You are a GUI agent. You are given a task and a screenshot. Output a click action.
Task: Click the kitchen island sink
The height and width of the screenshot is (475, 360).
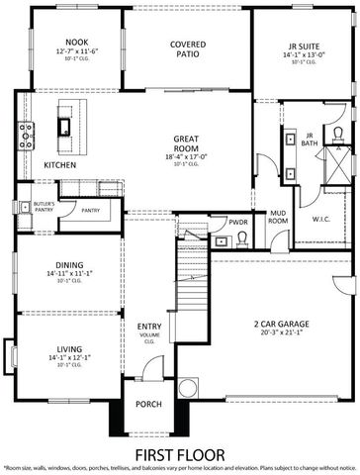64,126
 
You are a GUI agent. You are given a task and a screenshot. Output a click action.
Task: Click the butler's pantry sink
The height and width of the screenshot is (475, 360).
22,206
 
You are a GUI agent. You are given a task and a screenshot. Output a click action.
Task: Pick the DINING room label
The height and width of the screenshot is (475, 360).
68,264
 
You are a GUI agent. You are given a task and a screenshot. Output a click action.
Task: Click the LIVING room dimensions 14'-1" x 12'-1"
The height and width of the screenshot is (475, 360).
68,357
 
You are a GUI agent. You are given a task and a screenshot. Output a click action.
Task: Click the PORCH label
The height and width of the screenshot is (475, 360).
148,403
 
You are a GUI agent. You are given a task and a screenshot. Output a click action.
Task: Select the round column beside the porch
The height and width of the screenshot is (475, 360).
188,388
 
